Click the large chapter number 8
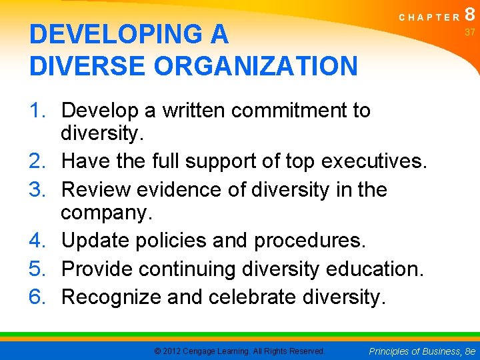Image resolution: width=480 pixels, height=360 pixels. (470, 15)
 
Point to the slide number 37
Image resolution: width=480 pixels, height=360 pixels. (470, 32)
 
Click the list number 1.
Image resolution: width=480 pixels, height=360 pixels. (39, 110)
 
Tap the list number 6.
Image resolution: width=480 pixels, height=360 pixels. (39, 296)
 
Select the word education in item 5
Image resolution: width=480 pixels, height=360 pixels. (382, 269)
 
